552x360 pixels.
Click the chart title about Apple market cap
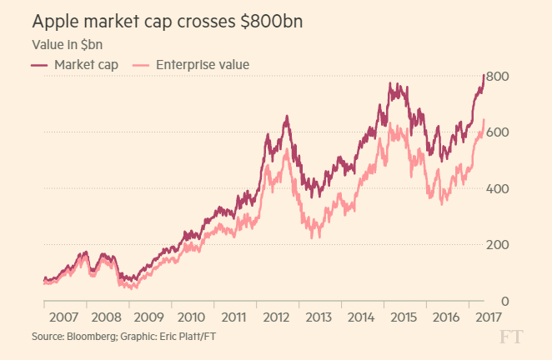point(167,21)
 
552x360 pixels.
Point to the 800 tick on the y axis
point(499,77)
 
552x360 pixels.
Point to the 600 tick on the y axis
point(499,132)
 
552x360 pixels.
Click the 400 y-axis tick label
point(499,189)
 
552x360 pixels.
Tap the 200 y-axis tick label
point(499,245)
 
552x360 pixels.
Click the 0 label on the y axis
point(505,301)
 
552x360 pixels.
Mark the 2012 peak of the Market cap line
point(287,117)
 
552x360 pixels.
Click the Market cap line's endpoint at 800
point(484,76)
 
